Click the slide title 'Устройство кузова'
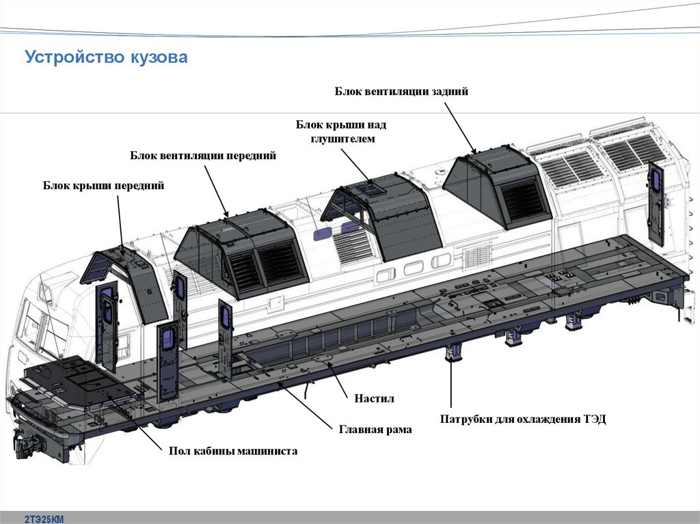click(x=106, y=57)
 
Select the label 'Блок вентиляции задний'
click(x=401, y=92)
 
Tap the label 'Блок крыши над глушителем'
click(x=341, y=131)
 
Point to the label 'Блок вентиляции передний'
click(x=203, y=156)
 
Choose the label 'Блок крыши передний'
click(x=104, y=185)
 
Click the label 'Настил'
click(x=375, y=398)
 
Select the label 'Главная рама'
click(x=375, y=430)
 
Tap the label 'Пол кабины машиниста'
click(x=233, y=452)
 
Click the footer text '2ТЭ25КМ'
click(x=44, y=519)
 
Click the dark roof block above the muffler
click(x=383, y=215)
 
